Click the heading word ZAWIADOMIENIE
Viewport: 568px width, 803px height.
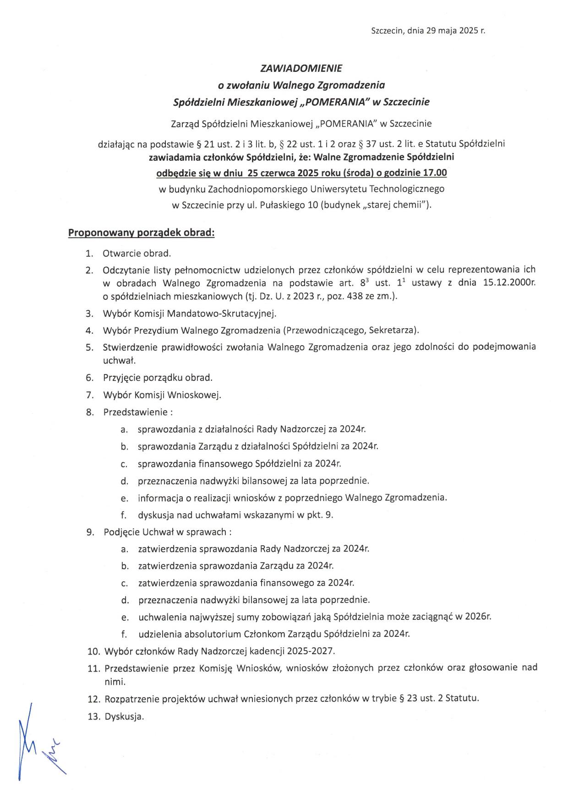click(x=301, y=69)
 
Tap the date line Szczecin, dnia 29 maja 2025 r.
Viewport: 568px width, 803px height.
click(x=428, y=31)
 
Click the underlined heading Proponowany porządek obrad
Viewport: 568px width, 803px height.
click(x=141, y=233)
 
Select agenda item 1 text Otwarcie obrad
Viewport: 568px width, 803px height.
click(x=137, y=253)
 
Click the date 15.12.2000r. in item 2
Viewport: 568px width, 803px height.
click(x=509, y=282)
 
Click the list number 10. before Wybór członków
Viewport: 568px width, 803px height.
click(x=93, y=651)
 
